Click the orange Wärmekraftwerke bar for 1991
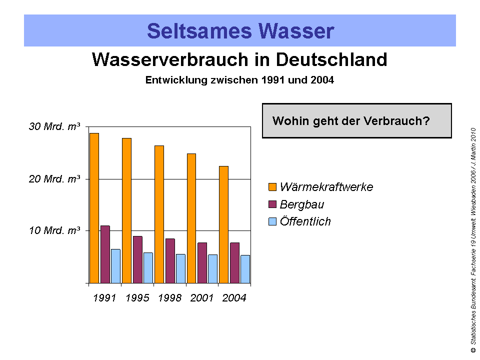pyautogui.click(x=94, y=208)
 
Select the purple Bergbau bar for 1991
pyautogui.click(x=105, y=254)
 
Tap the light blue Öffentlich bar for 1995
pyautogui.click(x=148, y=268)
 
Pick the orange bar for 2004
pyautogui.click(x=223, y=224)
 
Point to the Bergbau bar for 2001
pyautogui.click(x=202, y=263)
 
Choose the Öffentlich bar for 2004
pyautogui.click(x=245, y=269)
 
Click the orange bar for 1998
pyautogui.click(x=159, y=214)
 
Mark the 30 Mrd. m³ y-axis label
pyautogui.click(x=54, y=127)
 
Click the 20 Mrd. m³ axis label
pyautogui.click(x=54, y=179)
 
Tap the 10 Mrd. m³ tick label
pyautogui.click(x=54, y=230)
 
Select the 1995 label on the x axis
pyautogui.click(x=137, y=298)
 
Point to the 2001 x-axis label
pyautogui.click(x=202, y=298)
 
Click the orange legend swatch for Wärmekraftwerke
pyautogui.click(x=272, y=187)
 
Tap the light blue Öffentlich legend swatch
pyautogui.click(x=272, y=221)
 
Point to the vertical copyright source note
pyautogui.click(x=472, y=240)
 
